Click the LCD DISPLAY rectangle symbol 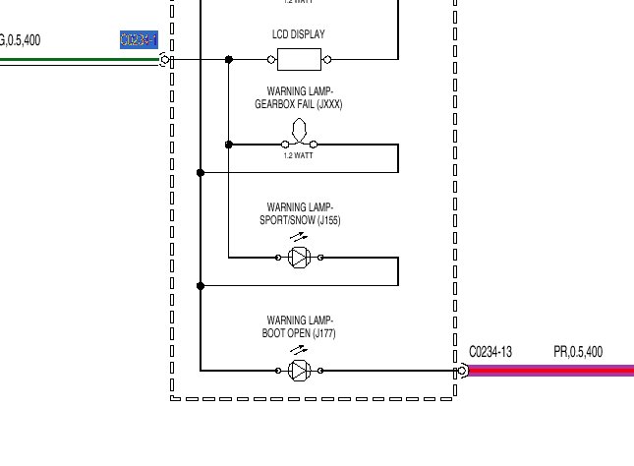[x=299, y=60]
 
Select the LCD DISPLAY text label [x=299, y=34]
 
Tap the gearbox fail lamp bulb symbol [x=300, y=132]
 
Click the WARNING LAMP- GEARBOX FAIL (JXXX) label [x=300, y=97]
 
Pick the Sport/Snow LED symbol [x=300, y=258]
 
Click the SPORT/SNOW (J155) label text [x=300, y=220]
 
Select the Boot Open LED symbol [x=300, y=371]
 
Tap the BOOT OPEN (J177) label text [x=300, y=334]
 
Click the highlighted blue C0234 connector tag [x=138, y=40]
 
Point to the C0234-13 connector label [x=490, y=351]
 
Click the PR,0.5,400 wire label [x=578, y=351]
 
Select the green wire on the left [x=79, y=60]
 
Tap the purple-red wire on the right [x=550, y=371]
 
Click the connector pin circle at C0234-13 [x=461, y=371]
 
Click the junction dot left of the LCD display [x=229, y=60]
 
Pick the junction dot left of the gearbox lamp [x=229, y=145]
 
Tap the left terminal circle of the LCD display [x=271, y=60]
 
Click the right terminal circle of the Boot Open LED [x=320, y=371]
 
